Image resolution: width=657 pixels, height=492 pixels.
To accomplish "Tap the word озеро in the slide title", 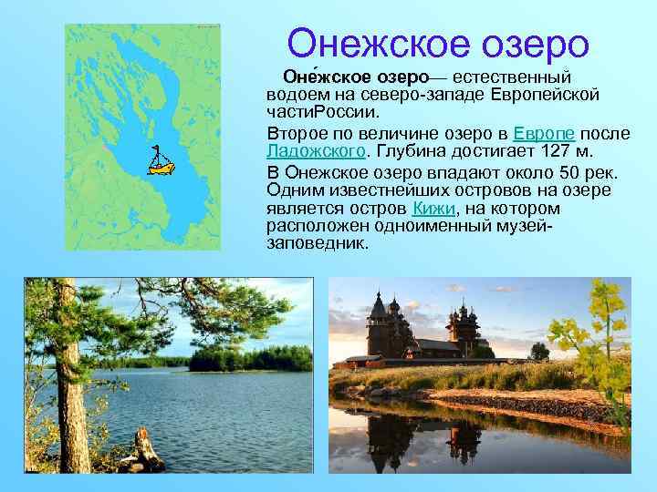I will click(540, 43).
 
